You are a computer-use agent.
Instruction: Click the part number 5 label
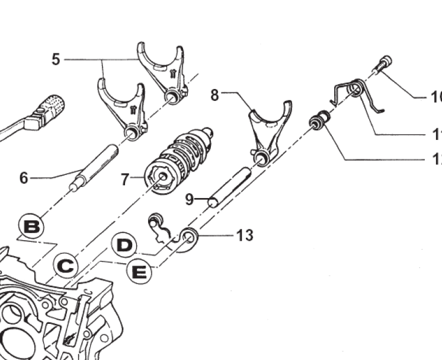pyautogui.click(x=56, y=59)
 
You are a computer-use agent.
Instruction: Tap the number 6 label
pyautogui.click(x=24, y=177)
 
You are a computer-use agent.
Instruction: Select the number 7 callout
pyautogui.click(x=124, y=179)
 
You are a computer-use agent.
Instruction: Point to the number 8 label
pyautogui.click(x=214, y=94)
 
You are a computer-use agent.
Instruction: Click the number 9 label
pyautogui.click(x=189, y=199)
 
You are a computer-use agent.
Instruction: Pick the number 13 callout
pyautogui.click(x=244, y=235)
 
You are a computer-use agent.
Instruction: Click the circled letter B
pyautogui.click(x=32, y=226)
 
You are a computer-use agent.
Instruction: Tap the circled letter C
pyautogui.click(x=66, y=266)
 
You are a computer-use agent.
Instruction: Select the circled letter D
pyautogui.click(x=124, y=246)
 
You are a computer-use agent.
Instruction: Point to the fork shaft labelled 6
pyautogui.click(x=95, y=168)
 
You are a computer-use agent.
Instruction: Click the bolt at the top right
pyautogui.click(x=383, y=63)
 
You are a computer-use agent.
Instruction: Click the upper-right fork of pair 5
pyautogui.click(x=164, y=71)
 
